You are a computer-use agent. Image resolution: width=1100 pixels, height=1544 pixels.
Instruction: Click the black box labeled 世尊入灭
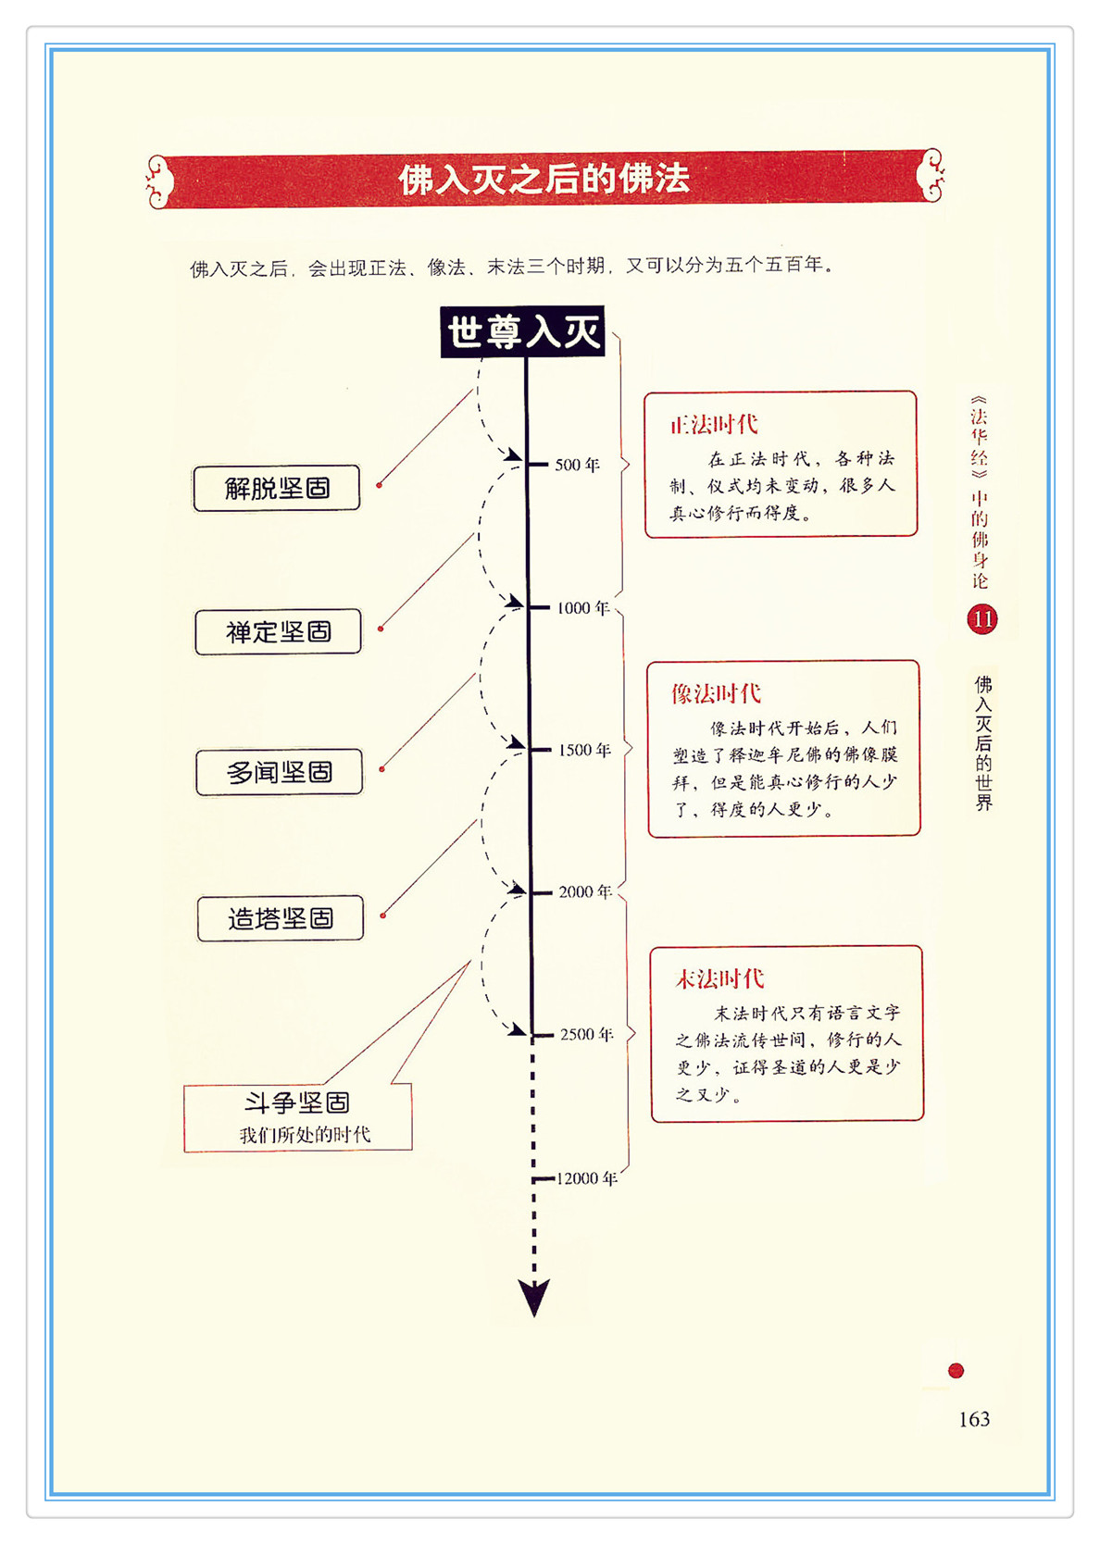point(523,331)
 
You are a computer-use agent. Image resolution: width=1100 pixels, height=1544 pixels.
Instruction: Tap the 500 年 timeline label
point(578,465)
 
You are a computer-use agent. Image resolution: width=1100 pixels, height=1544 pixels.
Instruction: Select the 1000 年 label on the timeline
point(583,608)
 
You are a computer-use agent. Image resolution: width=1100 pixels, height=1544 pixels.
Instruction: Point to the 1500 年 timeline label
point(584,750)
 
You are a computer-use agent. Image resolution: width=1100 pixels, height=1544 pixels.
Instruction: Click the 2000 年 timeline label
point(585,891)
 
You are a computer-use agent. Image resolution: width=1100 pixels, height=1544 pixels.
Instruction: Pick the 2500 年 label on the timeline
point(587,1034)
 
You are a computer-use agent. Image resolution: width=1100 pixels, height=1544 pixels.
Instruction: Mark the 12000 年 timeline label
point(587,1178)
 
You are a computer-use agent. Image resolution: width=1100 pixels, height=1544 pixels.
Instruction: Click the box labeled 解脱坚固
point(277,488)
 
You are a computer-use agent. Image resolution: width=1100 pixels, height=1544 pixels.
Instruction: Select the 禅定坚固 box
point(278,631)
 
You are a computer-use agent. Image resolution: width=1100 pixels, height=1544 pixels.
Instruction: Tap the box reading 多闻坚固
point(279,772)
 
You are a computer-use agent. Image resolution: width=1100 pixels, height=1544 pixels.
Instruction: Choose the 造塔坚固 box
point(281,918)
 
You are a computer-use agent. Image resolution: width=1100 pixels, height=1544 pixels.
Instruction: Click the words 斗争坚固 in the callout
point(297,1102)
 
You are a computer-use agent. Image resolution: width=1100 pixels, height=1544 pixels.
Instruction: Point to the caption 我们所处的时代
point(305,1135)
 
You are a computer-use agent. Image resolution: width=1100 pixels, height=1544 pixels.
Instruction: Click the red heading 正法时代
point(714,425)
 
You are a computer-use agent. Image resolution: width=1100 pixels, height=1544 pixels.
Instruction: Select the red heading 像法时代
point(716,694)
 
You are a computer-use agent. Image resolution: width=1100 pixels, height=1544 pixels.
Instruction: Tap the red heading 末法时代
point(719,979)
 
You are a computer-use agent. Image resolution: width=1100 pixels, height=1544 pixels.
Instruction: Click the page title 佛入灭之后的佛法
point(544,179)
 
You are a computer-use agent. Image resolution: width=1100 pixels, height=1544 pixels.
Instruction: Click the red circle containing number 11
point(982,619)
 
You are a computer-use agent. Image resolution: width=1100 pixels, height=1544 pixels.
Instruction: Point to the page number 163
point(974,1419)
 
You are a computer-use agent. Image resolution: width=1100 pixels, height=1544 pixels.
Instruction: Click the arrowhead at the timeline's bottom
point(534,1296)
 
